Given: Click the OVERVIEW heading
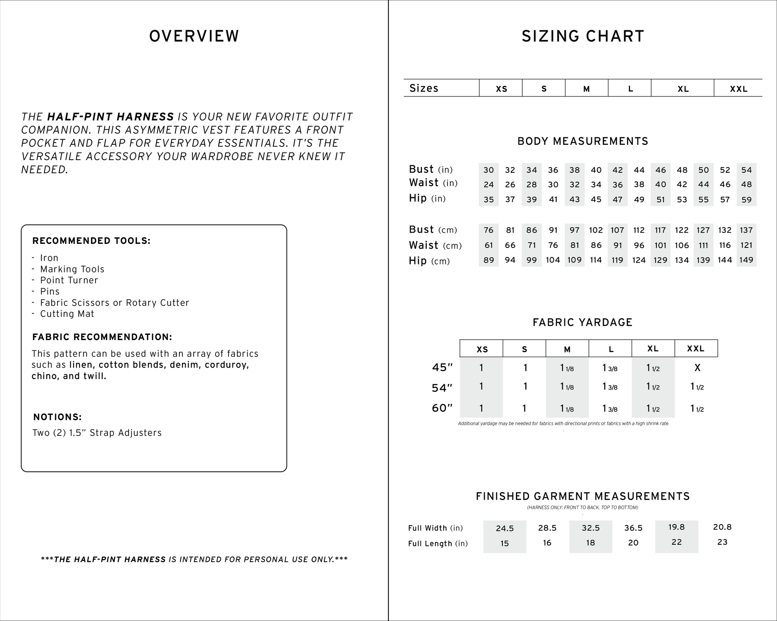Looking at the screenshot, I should click(194, 36).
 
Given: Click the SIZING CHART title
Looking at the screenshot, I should click(583, 36).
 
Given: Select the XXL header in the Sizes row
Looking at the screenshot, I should click(738, 89).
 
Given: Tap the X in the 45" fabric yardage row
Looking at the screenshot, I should click(697, 368).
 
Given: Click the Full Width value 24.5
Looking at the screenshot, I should click(505, 528).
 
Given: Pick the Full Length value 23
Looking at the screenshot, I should click(722, 542).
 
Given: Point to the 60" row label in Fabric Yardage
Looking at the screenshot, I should click(442, 408).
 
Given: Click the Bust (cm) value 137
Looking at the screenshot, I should click(746, 230).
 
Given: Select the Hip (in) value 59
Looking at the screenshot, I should click(746, 200).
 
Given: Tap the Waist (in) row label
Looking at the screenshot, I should click(433, 183).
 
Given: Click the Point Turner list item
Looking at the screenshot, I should click(69, 280).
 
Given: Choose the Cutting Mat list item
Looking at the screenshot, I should click(67, 314).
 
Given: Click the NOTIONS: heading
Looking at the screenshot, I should click(57, 417).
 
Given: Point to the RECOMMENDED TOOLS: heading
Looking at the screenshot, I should click(91, 241).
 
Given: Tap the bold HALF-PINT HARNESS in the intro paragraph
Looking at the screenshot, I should click(110, 117).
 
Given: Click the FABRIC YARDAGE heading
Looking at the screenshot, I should click(583, 322).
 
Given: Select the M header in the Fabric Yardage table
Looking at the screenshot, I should click(567, 349).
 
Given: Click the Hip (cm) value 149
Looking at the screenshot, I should click(746, 260).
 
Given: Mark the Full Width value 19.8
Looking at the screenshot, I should click(676, 527).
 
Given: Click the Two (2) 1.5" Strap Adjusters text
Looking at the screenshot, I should click(97, 433).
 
